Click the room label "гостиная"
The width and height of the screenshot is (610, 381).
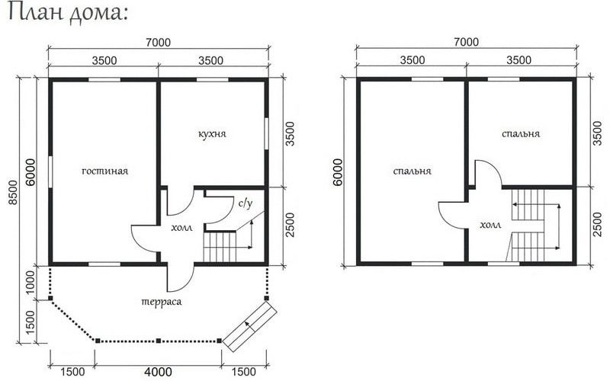104,171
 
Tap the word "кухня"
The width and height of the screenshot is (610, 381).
212,134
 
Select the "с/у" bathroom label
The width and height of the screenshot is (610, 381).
246,203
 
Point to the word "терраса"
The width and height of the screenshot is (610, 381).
161,302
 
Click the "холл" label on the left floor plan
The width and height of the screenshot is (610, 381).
181,228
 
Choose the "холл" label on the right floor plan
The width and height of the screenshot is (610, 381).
490,225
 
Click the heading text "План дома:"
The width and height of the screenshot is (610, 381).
68,14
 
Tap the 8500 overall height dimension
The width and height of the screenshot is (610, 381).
13,192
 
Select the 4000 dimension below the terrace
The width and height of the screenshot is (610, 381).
158,372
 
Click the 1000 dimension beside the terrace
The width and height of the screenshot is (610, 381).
30,282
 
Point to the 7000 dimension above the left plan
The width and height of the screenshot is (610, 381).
159,42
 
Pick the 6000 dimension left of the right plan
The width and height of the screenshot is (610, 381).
337,172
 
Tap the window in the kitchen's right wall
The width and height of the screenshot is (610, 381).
266,133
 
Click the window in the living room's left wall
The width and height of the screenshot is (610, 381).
50,172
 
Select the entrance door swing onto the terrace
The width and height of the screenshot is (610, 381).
181,278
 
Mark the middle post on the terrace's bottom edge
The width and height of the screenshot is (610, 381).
159,341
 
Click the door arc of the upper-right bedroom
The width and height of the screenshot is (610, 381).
487,174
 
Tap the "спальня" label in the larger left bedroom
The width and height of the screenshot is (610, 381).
412,171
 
